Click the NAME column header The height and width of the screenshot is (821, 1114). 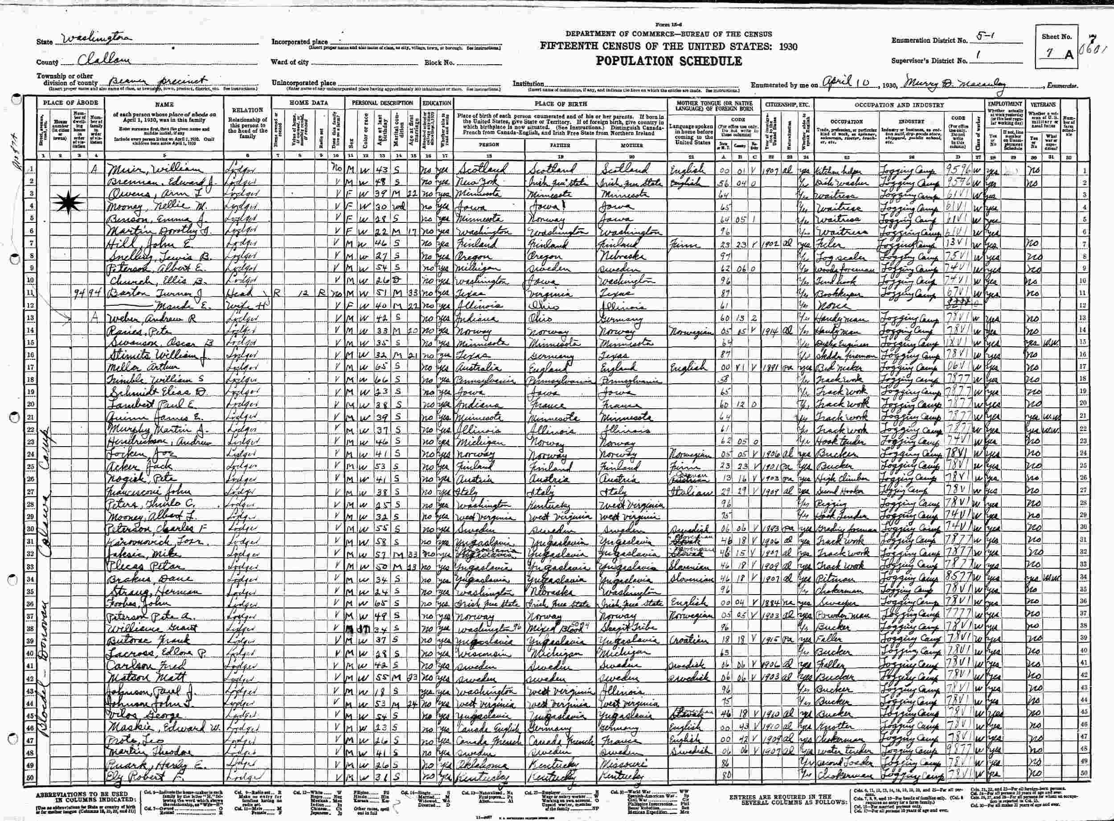click(164, 105)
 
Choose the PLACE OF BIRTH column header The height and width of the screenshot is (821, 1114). click(560, 104)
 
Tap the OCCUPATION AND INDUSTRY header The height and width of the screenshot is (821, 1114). click(899, 105)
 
